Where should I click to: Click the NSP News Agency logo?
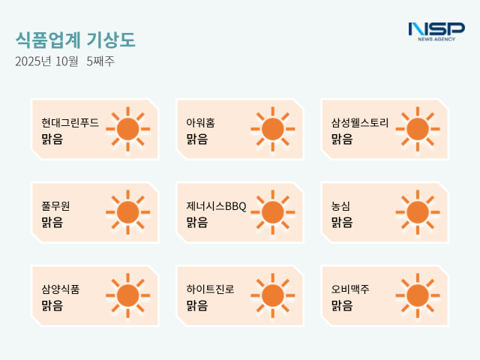(436, 31)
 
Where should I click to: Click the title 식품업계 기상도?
(76, 40)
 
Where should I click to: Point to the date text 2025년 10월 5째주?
(64, 61)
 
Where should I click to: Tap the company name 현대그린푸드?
(70, 122)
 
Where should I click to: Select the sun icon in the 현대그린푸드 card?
(127, 129)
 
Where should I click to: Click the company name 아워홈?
(200, 122)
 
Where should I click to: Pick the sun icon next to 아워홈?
(272, 129)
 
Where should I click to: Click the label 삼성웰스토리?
(360, 122)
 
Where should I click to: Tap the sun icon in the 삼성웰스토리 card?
(417, 129)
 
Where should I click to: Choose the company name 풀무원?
(55, 205)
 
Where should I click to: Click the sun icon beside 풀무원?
(127, 212)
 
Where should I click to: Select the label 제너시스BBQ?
(216, 205)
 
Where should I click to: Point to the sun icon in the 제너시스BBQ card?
(272, 212)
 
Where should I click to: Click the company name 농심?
(341, 205)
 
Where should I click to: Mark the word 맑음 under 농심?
(342, 222)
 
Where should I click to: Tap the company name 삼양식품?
(61, 289)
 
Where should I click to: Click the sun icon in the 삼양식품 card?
(127, 295)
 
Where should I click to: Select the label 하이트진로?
(210, 289)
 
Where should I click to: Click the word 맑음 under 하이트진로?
(197, 305)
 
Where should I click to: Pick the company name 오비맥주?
(350, 289)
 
